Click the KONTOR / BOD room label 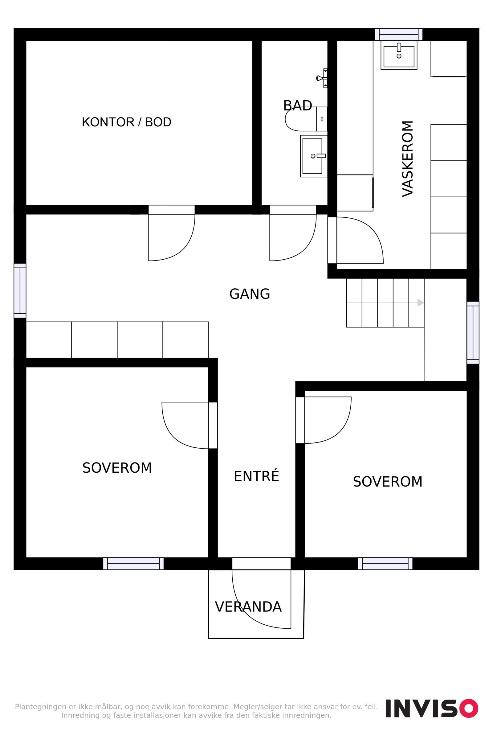pos(126,122)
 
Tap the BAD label pos(297,106)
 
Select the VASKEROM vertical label pos(408,159)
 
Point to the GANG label pos(250,294)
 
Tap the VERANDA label pos(248,607)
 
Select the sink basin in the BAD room pos(313,156)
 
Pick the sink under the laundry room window pos(399,55)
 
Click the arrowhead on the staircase pos(421,303)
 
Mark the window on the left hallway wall pos(20,291)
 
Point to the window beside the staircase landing pos(473,333)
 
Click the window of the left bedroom pos(133,564)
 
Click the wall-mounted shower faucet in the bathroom pos(322,78)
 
